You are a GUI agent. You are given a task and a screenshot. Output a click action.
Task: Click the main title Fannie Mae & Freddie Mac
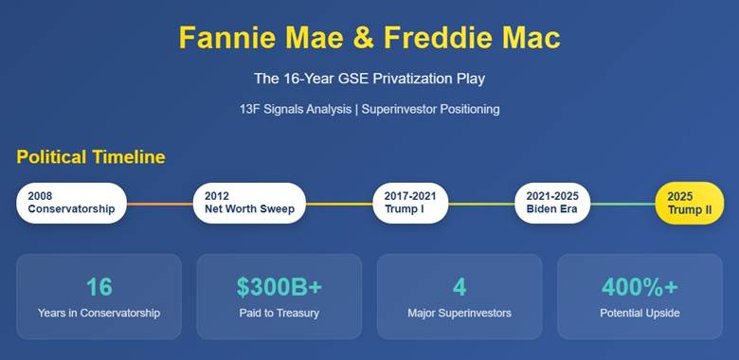pos(369,38)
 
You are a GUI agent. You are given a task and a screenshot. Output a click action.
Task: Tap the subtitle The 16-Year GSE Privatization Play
pos(369,79)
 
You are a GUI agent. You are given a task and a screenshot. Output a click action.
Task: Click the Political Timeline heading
pos(90,157)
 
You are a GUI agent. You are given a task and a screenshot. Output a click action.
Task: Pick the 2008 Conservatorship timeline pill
pos(71,203)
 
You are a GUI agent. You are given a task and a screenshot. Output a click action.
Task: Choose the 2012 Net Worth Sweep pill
pos(249,203)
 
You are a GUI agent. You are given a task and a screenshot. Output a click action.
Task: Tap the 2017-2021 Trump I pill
pos(410,203)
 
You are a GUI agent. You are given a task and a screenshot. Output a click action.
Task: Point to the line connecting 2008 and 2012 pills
pos(159,203)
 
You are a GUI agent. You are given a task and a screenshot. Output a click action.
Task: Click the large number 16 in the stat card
pos(99,287)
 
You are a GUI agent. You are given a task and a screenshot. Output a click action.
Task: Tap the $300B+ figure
pos(279,287)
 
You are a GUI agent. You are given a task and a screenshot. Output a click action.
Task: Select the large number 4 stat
pos(460,287)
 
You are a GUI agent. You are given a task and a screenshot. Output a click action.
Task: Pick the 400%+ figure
pos(640,287)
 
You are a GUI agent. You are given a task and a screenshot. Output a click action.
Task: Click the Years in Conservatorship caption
pos(99,313)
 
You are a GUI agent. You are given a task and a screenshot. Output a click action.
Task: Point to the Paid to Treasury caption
pos(279,313)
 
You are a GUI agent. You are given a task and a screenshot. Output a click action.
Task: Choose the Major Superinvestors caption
pos(460,313)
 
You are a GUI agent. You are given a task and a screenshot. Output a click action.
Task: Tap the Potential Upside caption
pos(640,313)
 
